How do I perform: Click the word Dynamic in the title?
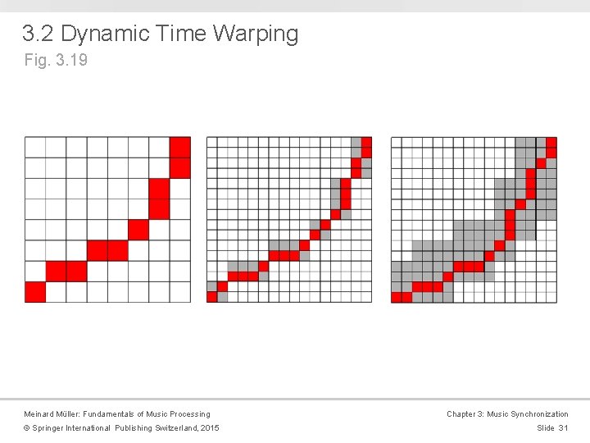pos(104,34)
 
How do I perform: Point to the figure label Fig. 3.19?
pos(56,60)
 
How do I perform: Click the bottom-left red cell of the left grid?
pos(35,292)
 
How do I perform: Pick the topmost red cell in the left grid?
pos(180,147)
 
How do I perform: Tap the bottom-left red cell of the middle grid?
pos(211,297)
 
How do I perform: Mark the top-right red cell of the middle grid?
pos(366,142)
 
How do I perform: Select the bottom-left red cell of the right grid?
pos(397,297)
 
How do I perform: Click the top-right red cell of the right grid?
pos(551,142)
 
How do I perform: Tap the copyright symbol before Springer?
pos(27,428)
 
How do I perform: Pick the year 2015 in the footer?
pos(209,428)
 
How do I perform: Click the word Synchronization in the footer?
pos(538,414)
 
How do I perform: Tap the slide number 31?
pos(563,428)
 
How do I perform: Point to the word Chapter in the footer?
pos(462,414)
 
